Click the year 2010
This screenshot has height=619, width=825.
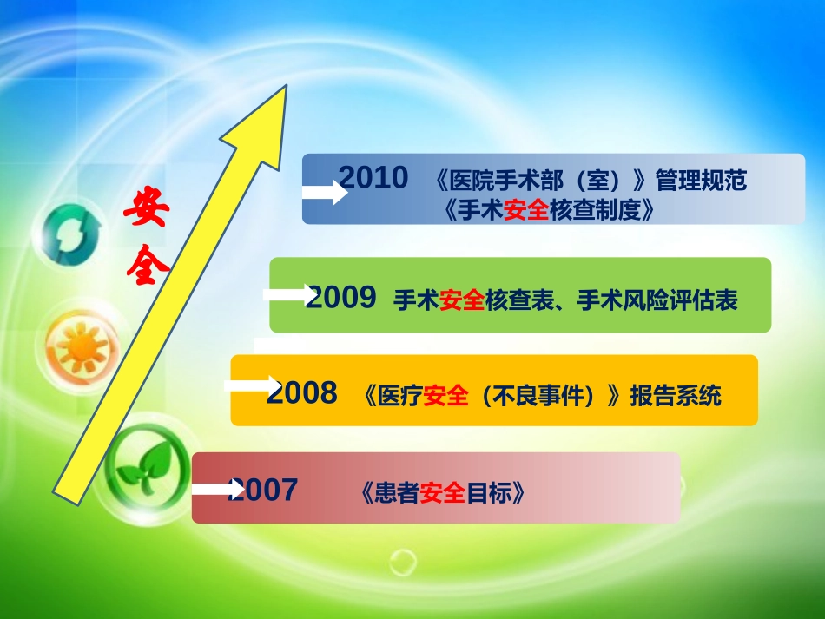[x=373, y=178]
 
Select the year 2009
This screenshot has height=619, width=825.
[x=342, y=298]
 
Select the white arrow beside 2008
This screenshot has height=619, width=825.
[x=252, y=385]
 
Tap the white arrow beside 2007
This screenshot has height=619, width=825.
[x=214, y=489]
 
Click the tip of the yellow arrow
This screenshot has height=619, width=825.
[x=285, y=89]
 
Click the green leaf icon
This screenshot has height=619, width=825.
[x=146, y=470]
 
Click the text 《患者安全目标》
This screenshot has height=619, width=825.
[x=442, y=494]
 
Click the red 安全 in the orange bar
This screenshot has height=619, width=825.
[x=445, y=397]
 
